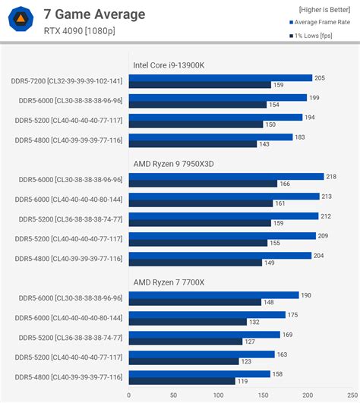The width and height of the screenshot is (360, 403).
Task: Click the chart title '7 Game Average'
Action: [x=94, y=14]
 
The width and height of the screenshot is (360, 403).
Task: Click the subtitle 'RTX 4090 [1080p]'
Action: [x=79, y=31]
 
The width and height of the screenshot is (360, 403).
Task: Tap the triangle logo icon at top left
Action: [x=24, y=20]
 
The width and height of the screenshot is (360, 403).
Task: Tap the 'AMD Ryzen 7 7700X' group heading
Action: [x=169, y=282]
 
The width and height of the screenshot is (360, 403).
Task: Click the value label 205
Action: [x=320, y=77]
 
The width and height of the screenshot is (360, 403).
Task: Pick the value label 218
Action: [x=331, y=176]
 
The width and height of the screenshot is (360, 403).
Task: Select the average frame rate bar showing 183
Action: [x=210, y=137]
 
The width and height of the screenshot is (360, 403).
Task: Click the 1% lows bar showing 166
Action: [x=203, y=183]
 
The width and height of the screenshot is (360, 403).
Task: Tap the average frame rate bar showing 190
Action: [x=214, y=294]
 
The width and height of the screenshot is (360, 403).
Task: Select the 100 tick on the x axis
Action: [x=219, y=395]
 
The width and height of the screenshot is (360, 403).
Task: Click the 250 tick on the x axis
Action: [x=352, y=395]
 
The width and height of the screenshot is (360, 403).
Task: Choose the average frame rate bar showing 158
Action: [x=200, y=373]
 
